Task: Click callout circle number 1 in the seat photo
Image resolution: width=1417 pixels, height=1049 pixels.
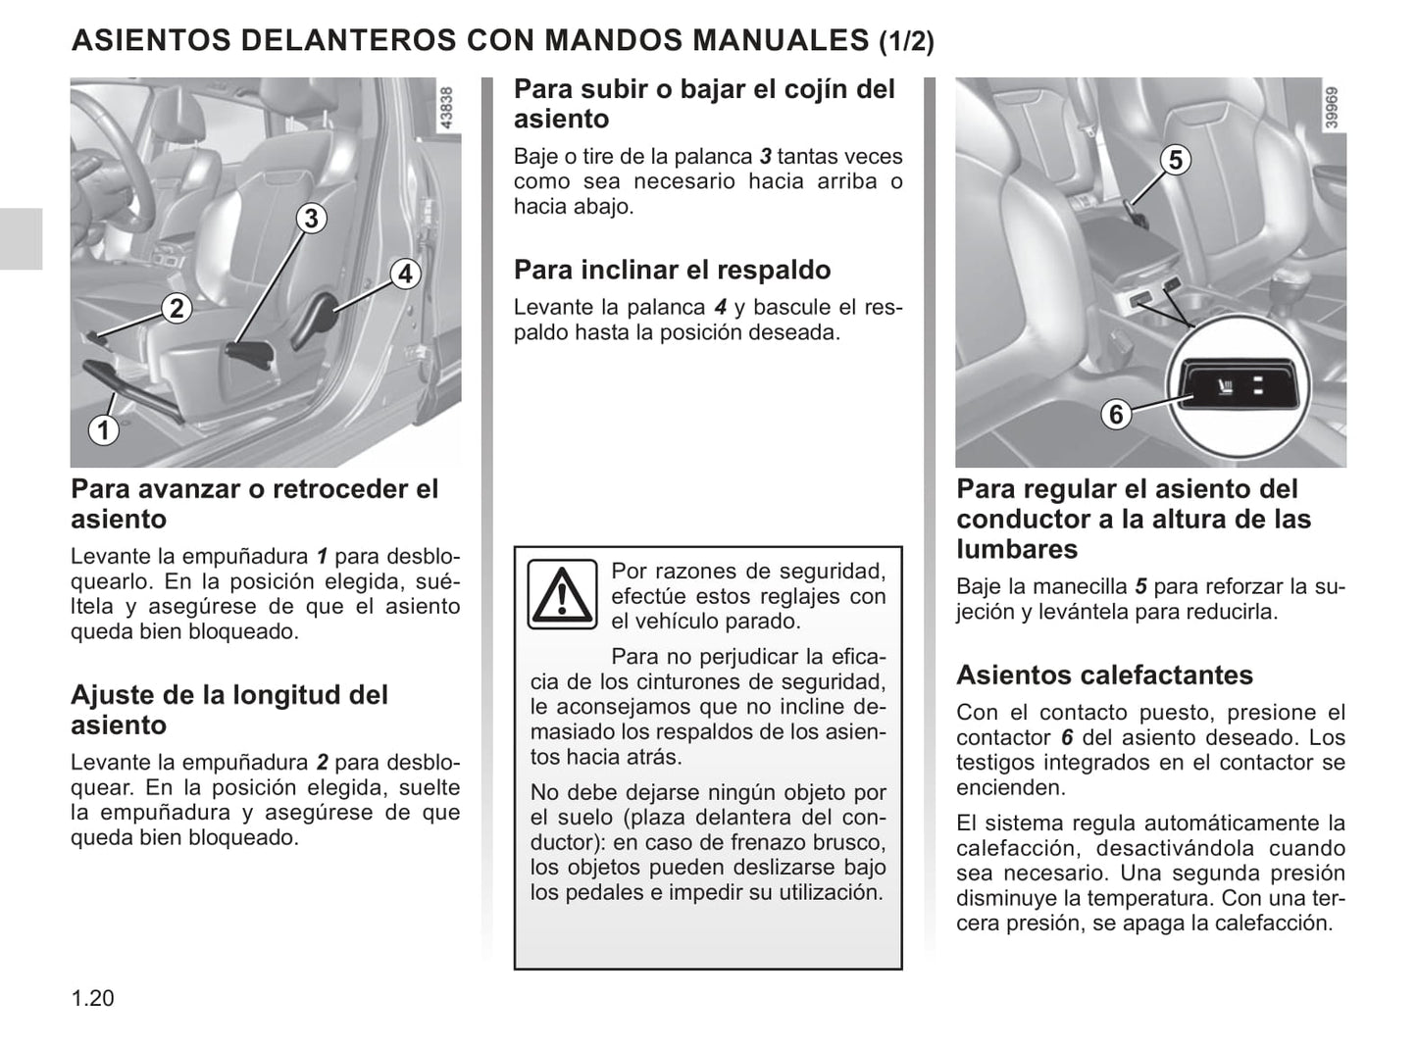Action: click(103, 429)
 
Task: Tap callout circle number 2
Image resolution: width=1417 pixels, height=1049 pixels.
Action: click(176, 309)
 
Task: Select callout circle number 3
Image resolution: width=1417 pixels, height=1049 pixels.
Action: click(311, 218)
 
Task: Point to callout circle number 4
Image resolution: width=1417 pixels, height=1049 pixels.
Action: click(405, 274)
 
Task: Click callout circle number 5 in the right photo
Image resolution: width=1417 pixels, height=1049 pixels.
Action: click(1175, 160)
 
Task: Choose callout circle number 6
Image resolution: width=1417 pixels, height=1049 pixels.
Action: click(1115, 415)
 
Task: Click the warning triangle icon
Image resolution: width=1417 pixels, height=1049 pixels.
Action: click(562, 594)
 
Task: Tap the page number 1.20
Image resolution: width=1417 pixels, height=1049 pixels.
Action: click(92, 998)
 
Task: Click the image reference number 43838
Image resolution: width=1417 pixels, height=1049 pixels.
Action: click(447, 110)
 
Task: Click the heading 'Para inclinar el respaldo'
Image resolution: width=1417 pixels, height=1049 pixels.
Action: click(672, 270)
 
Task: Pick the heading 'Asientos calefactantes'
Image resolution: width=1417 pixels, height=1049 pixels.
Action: click(1104, 674)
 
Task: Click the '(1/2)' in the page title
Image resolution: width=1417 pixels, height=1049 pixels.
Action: click(906, 41)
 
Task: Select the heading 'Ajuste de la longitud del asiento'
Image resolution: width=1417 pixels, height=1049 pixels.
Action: click(229, 710)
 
